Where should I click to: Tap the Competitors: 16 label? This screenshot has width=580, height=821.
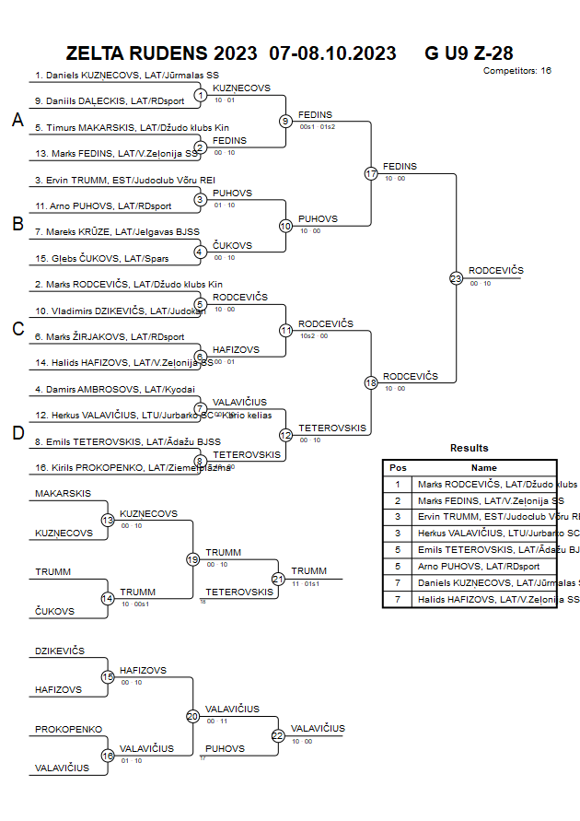pos(516,71)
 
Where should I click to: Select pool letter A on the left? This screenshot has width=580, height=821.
pos(17,120)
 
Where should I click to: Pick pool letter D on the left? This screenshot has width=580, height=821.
pos(17,433)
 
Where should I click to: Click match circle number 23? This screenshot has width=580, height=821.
pos(456,277)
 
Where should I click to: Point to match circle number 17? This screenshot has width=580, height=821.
pos(371,173)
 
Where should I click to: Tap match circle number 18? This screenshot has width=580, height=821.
pos(371,382)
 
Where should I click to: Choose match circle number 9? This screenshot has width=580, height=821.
pos(285,121)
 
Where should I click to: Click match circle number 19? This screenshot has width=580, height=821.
pos(192,558)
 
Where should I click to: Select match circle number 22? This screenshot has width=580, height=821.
pos(278,735)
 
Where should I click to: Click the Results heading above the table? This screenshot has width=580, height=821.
pos(470,448)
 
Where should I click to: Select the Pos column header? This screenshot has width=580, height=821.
pos(398,467)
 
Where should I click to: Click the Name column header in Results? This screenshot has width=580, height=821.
pos(483,467)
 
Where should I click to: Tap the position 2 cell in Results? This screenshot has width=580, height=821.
pos(398,500)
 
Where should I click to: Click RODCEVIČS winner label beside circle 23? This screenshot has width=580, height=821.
pos(495,270)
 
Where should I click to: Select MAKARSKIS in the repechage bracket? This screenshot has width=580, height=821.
pos(64,494)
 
